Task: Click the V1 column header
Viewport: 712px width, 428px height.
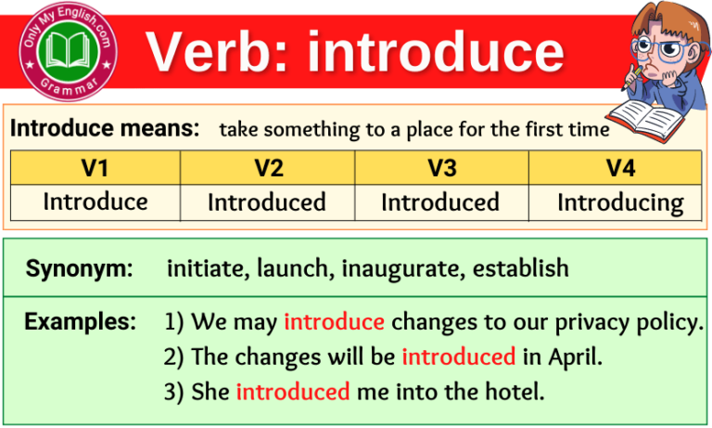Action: point(95,168)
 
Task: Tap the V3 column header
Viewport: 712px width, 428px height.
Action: point(441,168)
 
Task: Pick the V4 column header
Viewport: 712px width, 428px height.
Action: point(616,168)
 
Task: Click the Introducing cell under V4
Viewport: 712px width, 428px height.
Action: point(620,202)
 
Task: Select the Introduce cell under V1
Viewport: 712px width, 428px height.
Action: point(95,201)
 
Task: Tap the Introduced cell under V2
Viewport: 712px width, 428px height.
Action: point(267,202)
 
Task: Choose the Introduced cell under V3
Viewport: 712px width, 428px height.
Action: point(440,202)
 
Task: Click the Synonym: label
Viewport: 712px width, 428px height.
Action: point(80,269)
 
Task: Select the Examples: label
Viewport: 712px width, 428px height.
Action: point(79,322)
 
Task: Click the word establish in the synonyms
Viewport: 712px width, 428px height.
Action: point(520,269)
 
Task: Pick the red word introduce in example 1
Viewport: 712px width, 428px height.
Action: point(334,322)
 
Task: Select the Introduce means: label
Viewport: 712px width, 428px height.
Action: point(105,129)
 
